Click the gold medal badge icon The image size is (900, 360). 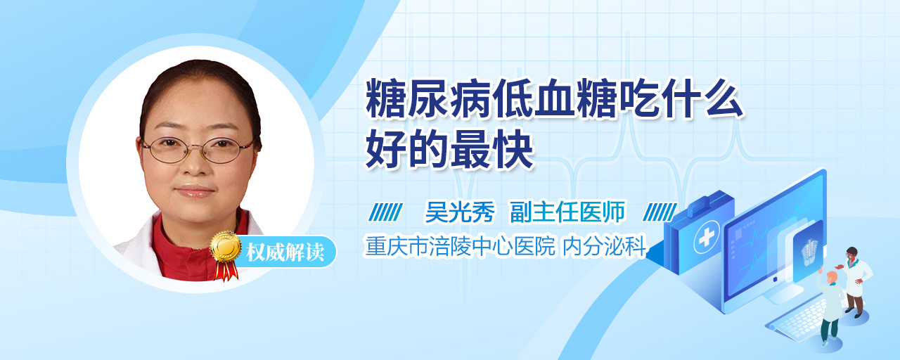point(226,246)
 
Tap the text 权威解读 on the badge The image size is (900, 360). point(285,252)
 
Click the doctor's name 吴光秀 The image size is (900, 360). point(460,212)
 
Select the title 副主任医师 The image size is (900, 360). point(567,212)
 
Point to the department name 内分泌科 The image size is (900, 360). point(604,246)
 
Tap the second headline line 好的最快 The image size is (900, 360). point(449,149)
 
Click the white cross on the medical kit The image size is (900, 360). point(707,237)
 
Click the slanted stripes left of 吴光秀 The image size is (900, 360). point(386,212)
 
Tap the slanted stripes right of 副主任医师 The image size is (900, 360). point(660,212)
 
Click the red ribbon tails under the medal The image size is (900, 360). point(226,270)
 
